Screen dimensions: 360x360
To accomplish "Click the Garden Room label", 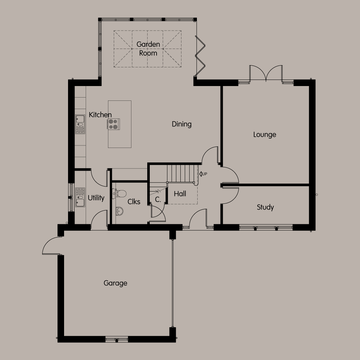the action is point(148,49).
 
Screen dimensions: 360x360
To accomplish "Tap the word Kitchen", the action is point(100,115).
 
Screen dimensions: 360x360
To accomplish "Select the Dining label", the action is point(181,124).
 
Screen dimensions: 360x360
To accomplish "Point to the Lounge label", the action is point(265,135).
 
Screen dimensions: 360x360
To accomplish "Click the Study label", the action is point(265,207).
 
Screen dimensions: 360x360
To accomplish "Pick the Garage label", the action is point(115,283).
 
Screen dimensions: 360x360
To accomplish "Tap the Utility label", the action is point(96,198).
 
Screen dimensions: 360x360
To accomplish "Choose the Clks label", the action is point(134,202).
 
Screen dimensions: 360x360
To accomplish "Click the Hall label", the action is point(180,194).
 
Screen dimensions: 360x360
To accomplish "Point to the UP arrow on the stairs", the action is point(203,174).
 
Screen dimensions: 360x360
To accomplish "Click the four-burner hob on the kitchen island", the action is point(113,124).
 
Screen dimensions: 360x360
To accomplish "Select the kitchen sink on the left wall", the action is point(80,124).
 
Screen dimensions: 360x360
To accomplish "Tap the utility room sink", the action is point(80,197).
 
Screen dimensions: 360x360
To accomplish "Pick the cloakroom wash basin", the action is point(119,211).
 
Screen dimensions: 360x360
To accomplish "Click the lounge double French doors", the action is point(266,73).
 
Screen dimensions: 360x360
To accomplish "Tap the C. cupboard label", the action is point(158,199).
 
